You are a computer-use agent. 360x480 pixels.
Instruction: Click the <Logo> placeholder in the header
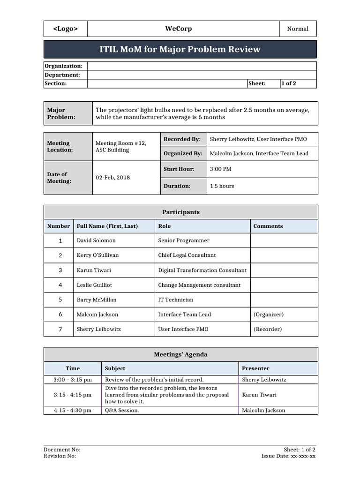(65, 29)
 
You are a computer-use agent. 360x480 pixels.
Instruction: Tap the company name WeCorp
(178, 29)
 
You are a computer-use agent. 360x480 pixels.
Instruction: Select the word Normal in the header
(298, 29)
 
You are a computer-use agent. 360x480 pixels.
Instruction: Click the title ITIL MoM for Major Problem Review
(180, 49)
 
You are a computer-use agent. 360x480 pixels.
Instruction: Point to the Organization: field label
(63, 66)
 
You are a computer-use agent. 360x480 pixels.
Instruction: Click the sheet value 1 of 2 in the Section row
(289, 83)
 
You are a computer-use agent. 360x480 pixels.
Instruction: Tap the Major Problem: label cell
(61, 113)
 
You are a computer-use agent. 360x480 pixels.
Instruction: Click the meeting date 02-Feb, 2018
(113, 178)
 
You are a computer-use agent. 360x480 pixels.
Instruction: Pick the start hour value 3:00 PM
(220, 169)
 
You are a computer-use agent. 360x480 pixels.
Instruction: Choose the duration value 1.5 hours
(222, 186)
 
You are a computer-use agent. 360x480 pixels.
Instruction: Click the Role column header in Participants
(165, 226)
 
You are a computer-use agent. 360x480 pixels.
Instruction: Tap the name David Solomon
(96, 240)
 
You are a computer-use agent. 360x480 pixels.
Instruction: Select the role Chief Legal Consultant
(187, 255)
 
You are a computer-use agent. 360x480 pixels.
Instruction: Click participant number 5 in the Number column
(60, 300)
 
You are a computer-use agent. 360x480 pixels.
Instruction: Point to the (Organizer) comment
(268, 315)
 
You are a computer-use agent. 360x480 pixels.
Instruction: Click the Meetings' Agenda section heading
(180, 354)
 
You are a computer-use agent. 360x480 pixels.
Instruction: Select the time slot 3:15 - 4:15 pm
(73, 395)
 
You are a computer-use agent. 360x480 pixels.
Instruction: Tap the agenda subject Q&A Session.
(122, 410)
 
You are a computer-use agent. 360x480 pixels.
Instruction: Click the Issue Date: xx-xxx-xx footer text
(288, 456)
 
